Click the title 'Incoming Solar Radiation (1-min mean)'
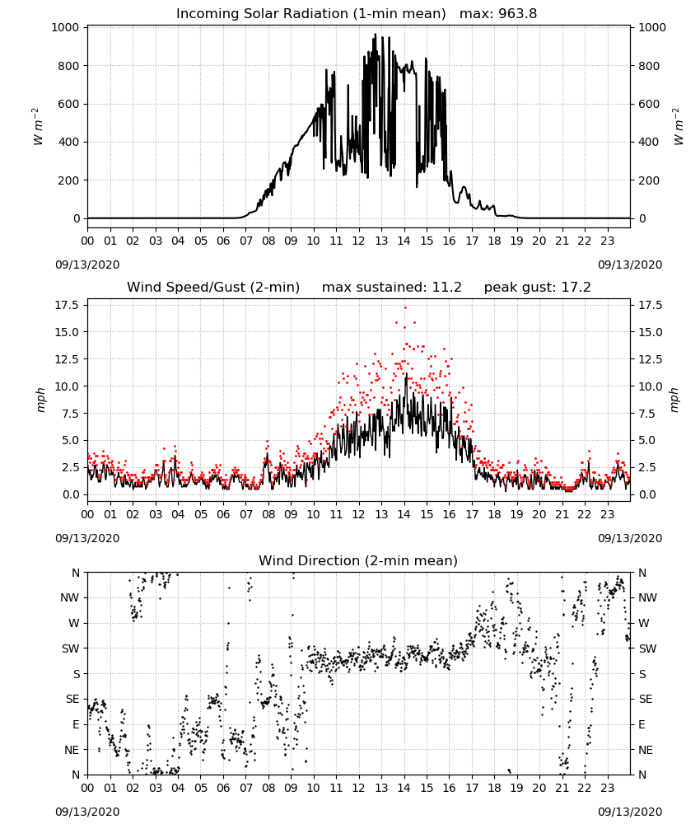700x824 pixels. [310, 14]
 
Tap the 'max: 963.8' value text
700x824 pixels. [498, 14]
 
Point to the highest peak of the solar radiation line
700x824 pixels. [375, 34]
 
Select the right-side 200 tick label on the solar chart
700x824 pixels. [649, 180]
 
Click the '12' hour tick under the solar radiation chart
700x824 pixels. [359, 241]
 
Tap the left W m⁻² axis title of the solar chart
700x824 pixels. [38, 127]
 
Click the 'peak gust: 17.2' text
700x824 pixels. [537, 288]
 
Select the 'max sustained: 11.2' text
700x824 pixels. [392, 288]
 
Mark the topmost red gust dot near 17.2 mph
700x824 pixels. [405, 308]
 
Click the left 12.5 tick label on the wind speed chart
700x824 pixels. [68, 359]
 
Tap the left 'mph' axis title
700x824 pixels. [41, 400]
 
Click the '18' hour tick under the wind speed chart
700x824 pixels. [494, 514]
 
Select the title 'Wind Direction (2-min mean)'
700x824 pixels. [358, 560]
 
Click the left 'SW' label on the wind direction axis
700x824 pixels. [70, 648]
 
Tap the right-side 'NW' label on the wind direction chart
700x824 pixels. [647, 597]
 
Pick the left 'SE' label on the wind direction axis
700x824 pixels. [72, 699]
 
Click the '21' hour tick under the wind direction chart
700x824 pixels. [562, 788]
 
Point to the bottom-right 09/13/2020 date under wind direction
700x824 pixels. [630, 812]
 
